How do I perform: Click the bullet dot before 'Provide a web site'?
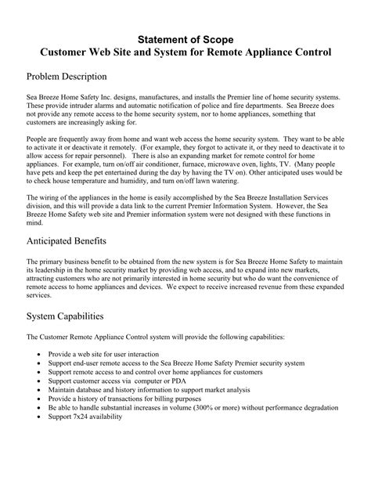point(41,355)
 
